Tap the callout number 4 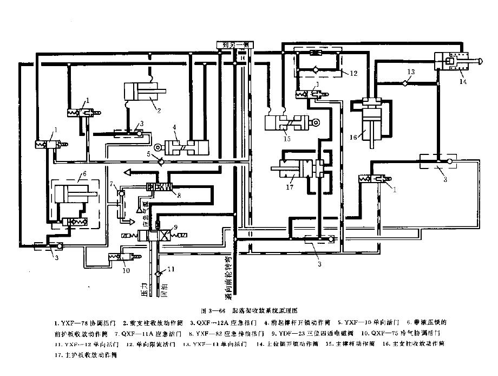pos(175,128)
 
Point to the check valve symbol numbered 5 pos(158,161)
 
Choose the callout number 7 pos(113,185)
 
